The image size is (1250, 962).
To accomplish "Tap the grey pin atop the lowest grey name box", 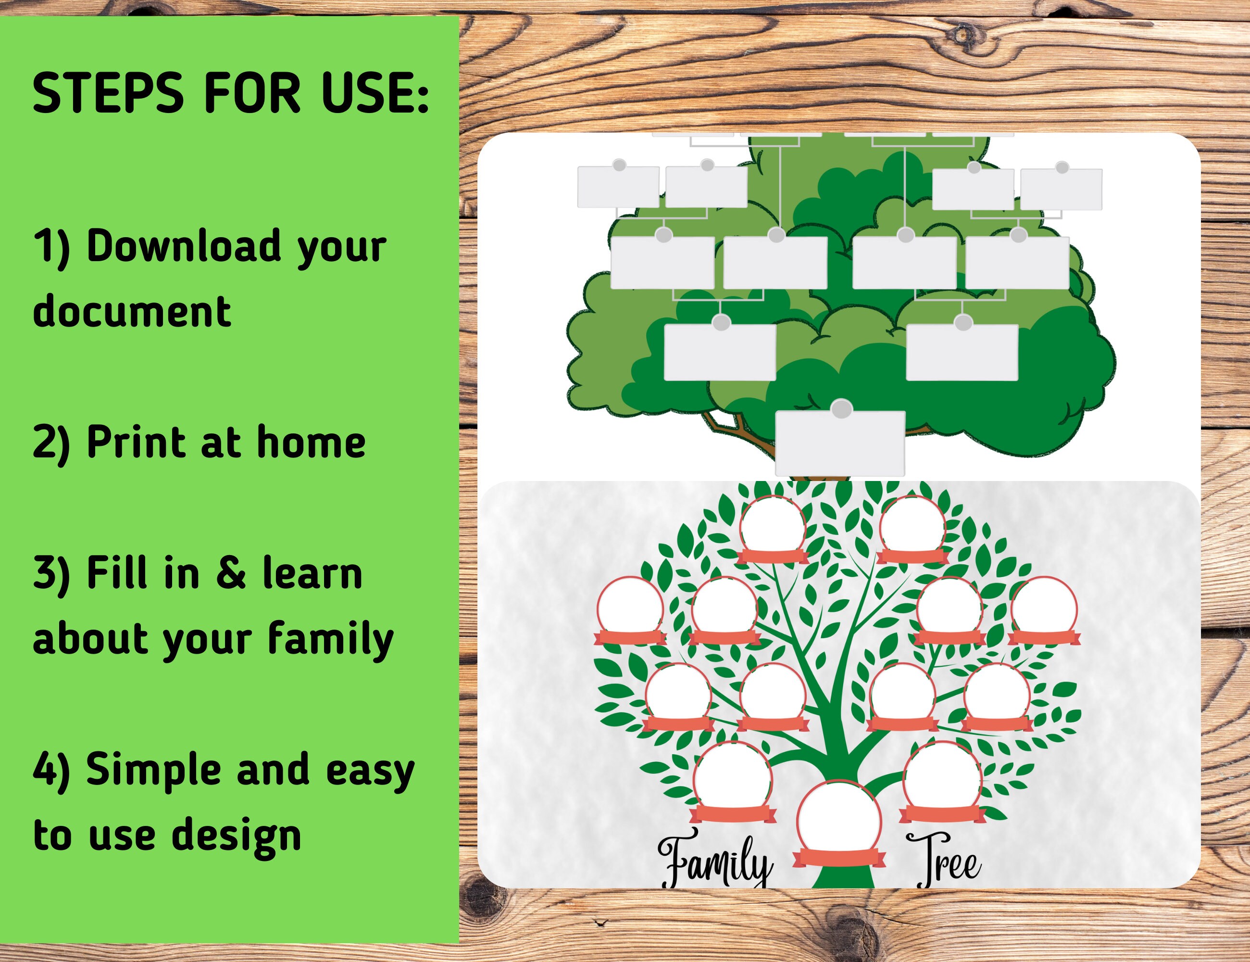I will click(x=841, y=409).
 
